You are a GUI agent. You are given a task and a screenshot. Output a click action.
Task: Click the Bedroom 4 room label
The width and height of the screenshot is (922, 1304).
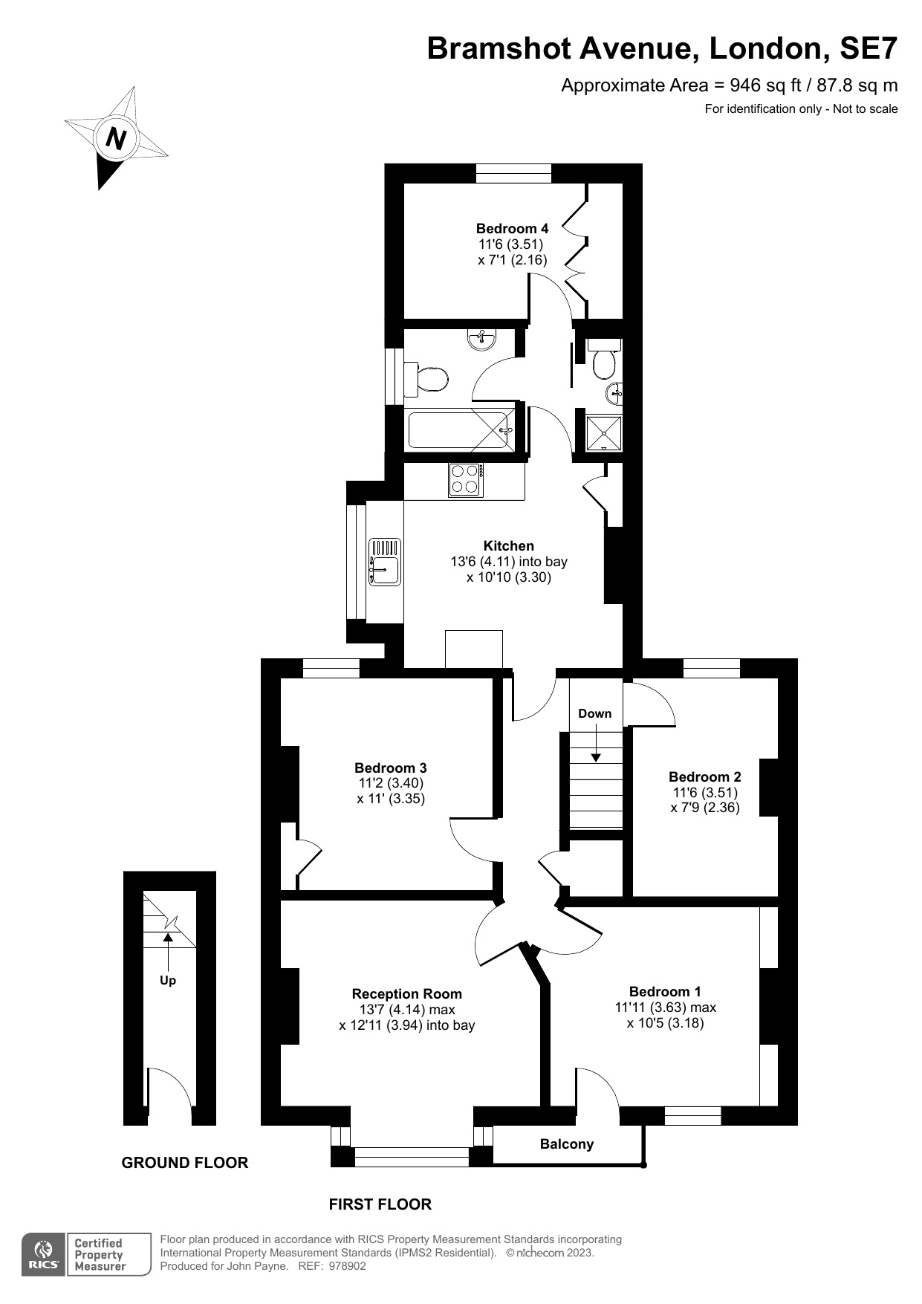pyautogui.click(x=512, y=228)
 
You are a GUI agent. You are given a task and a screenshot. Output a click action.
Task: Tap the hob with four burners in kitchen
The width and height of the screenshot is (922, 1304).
pyautogui.click(x=466, y=479)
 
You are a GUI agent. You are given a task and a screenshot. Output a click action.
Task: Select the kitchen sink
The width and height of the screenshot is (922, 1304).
pyautogui.click(x=385, y=562)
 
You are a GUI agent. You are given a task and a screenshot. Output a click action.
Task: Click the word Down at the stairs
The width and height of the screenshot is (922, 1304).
pyautogui.click(x=594, y=713)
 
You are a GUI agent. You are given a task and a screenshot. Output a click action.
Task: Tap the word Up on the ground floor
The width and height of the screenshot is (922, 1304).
pyautogui.click(x=168, y=980)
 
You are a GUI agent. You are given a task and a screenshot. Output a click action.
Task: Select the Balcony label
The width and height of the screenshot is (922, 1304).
pyautogui.click(x=566, y=1144)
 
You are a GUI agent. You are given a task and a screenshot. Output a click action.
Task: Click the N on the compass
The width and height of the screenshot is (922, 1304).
pyautogui.click(x=116, y=138)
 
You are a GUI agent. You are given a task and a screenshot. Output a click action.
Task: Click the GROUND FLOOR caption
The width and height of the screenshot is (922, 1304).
pyautogui.click(x=184, y=1163)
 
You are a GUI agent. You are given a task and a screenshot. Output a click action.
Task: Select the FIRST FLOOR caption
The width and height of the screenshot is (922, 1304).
pyautogui.click(x=380, y=1204)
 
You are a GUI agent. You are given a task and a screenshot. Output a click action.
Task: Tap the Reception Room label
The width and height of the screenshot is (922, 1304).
pyautogui.click(x=406, y=993)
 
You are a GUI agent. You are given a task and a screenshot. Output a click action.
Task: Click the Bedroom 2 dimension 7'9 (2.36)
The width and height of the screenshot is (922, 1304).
pyautogui.click(x=704, y=808)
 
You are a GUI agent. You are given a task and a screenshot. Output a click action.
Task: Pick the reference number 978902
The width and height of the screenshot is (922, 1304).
pyautogui.click(x=348, y=1266)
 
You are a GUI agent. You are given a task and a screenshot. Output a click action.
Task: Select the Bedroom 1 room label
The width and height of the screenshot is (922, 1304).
pyautogui.click(x=664, y=991)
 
